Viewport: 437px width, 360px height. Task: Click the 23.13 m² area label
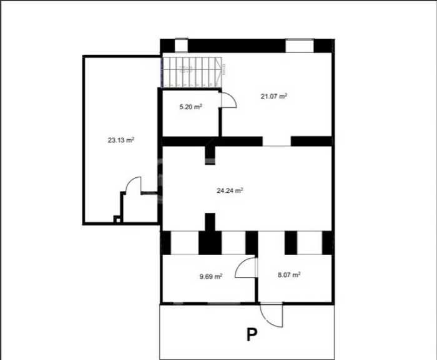pos(121,140)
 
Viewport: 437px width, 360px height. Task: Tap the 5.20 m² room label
pos(190,107)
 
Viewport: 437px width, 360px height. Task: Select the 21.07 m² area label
pos(274,96)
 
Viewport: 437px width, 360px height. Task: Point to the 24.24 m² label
pos(230,190)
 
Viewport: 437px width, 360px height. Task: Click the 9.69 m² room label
pos(211,276)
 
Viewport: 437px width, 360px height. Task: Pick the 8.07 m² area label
pos(289,275)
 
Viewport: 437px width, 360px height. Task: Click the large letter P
pos(252,334)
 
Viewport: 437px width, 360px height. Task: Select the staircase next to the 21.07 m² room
pos(192,72)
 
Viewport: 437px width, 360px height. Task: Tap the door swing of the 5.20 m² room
pos(228,100)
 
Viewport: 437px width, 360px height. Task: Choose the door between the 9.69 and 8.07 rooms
pos(246,268)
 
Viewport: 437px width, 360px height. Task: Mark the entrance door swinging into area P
pos(272,316)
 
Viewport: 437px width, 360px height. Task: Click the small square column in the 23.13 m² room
pos(118,220)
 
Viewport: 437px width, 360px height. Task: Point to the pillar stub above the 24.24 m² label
pos(210,155)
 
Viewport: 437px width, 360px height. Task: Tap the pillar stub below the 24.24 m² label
pos(210,222)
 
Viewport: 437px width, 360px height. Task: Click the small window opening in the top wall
pos(181,46)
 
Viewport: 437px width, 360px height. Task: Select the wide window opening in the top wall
pos(300,46)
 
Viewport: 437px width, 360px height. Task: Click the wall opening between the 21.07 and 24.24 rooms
pos(277,141)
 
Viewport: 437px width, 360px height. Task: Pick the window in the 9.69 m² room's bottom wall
pos(223,303)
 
